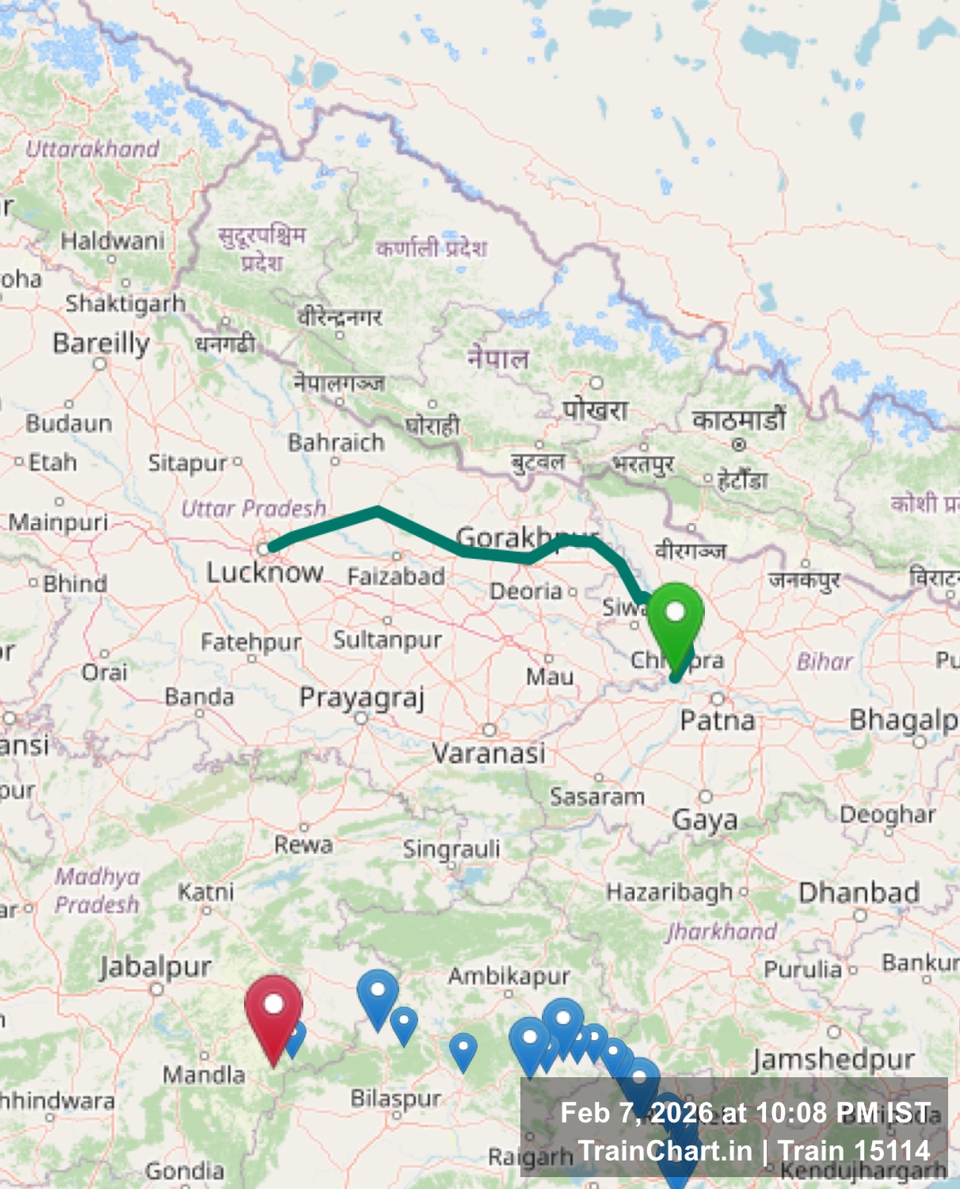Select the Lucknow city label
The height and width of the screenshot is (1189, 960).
(x=265, y=572)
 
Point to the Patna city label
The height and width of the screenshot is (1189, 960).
(x=718, y=721)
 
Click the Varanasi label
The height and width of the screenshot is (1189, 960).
(x=489, y=752)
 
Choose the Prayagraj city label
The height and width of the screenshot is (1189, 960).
(x=362, y=698)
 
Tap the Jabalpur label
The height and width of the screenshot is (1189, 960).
(x=155, y=967)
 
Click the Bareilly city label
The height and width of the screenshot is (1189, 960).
(x=101, y=343)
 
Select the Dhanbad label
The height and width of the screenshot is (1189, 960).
(x=859, y=893)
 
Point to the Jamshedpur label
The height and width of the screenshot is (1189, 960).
(x=833, y=1059)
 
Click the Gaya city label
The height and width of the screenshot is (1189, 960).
(x=705, y=820)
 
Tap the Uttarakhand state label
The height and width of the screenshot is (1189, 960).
(x=92, y=148)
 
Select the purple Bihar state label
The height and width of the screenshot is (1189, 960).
(x=825, y=661)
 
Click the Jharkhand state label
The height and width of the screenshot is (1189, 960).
(x=722, y=931)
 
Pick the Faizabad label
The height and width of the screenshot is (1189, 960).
(x=396, y=576)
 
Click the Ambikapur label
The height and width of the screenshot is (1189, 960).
(x=509, y=976)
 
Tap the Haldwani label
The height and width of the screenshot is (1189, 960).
(x=112, y=240)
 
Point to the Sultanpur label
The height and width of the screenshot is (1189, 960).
(x=387, y=640)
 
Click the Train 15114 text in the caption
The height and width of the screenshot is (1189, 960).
(x=854, y=1150)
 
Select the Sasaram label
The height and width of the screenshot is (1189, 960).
(x=597, y=797)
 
